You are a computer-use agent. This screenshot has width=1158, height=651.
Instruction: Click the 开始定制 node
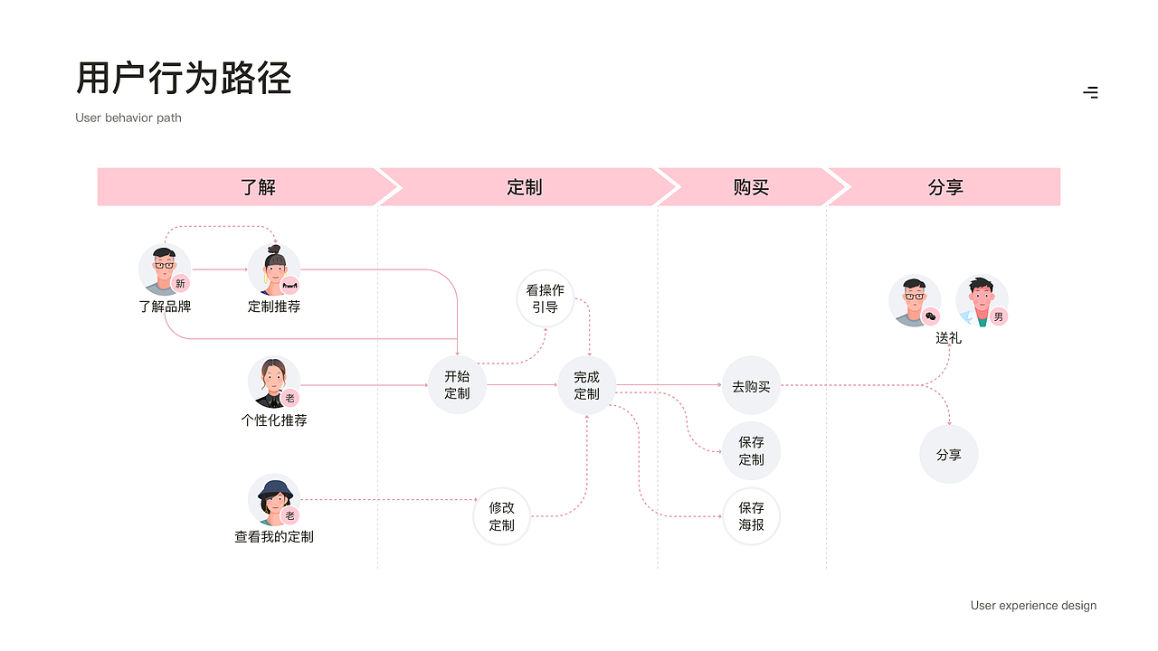(x=457, y=385)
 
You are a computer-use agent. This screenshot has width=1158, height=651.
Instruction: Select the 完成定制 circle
(x=586, y=385)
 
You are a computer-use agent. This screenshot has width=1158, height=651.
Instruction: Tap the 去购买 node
(x=751, y=386)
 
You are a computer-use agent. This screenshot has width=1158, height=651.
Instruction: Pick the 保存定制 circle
(x=751, y=450)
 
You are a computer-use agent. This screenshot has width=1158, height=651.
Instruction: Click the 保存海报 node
(x=751, y=516)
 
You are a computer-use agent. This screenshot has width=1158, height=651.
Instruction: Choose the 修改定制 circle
(x=501, y=516)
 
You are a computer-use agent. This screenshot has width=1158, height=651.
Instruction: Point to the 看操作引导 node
(x=545, y=298)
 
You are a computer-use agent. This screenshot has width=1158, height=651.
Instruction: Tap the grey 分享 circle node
(x=949, y=455)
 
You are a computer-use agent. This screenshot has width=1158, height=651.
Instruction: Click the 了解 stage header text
(x=258, y=187)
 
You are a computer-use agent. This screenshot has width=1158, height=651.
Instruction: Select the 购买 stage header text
(x=751, y=187)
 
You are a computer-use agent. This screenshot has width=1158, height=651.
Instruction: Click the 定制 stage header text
(x=524, y=187)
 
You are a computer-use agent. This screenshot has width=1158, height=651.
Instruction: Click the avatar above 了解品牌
(x=164, y=269)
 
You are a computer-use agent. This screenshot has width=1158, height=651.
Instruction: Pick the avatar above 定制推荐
(x=274, y=269)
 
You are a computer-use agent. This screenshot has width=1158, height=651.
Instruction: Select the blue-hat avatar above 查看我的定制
(x=273, y=500)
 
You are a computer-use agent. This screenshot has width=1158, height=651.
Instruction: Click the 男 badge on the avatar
(x=998, y=316)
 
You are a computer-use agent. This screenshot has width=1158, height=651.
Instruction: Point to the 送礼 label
(x=948, y=338)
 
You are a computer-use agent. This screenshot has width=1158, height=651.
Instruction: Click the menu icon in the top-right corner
(x=1091, y=92)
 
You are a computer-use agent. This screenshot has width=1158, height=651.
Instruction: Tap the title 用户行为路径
(x=184, y=79)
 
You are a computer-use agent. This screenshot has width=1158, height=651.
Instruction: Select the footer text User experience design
(x=1033, y=606)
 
